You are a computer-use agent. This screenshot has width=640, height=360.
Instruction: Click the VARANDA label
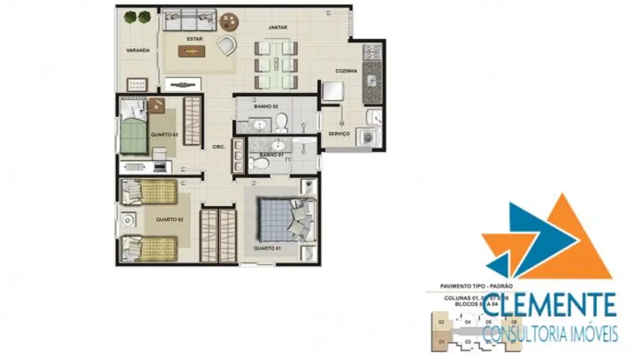[x=138, y=50]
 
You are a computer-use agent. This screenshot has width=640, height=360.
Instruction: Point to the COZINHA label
[x=347, y=71]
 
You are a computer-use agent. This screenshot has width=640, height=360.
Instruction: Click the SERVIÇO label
[x=339, y=133]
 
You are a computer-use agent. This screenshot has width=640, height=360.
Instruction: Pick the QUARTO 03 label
[x=164, y=134]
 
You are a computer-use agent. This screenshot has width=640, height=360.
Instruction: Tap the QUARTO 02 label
[x=169, y=219]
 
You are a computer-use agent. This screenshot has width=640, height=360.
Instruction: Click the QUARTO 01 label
[x=267, y=248]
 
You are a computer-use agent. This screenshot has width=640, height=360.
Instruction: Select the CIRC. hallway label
[x=218, y=147]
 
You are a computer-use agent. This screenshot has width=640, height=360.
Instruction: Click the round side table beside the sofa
[x=229, y=22]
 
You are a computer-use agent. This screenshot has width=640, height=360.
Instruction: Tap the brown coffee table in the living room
[x=192, y=52]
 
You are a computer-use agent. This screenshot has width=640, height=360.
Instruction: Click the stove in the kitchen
[x=370, y=53]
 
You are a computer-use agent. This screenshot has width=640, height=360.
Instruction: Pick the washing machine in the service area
[x=365, y=138]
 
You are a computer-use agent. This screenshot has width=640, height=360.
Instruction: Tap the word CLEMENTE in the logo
[x=550, y=306]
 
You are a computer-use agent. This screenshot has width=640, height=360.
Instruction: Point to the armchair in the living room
[x=226, y=45]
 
